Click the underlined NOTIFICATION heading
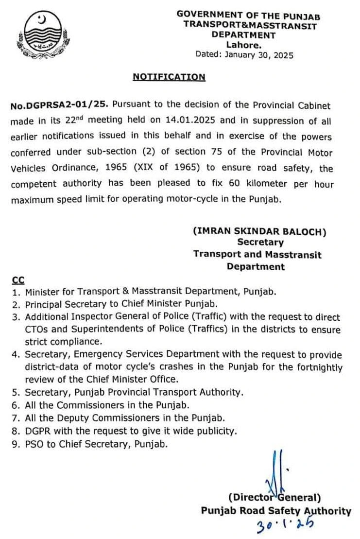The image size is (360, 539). (169, 77)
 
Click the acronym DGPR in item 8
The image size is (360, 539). (36, 430)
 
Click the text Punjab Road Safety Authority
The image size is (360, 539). (276, 510)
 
